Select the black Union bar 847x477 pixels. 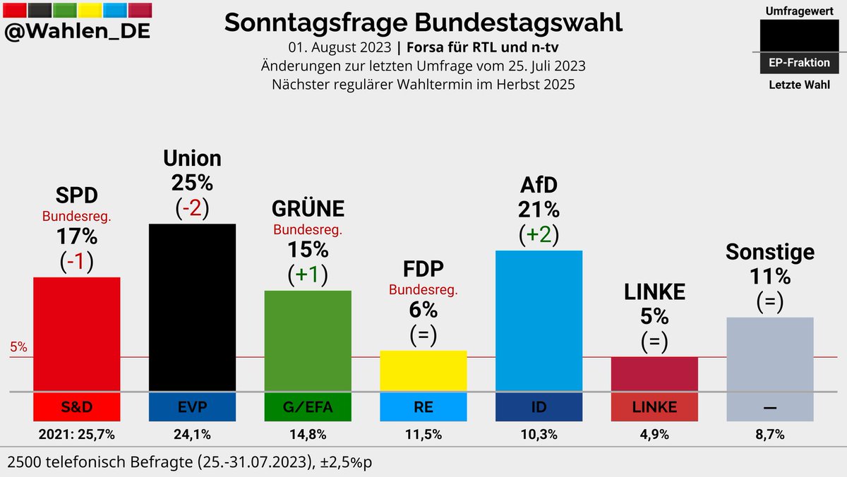192,307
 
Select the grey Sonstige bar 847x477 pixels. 770,354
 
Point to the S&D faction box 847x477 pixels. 77,406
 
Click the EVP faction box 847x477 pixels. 192,406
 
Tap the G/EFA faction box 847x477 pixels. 308,406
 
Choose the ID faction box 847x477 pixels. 539,406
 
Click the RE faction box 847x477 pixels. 423,406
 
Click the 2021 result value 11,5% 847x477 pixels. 423,434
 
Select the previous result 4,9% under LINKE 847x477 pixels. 654,434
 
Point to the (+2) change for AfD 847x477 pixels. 539,235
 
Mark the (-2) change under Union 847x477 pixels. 192,208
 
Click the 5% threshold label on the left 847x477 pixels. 18,347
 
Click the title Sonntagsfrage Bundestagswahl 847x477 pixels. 423,23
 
